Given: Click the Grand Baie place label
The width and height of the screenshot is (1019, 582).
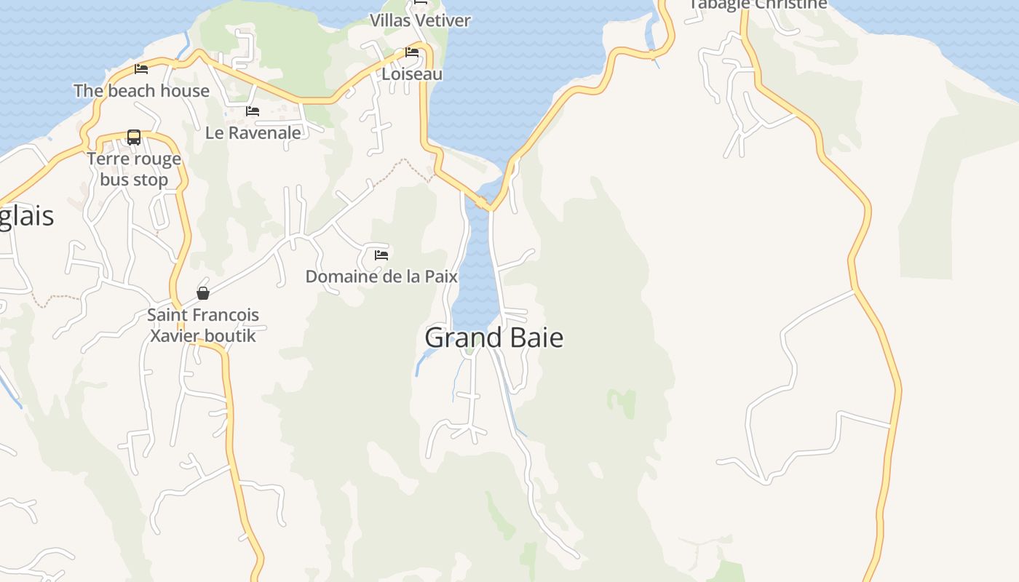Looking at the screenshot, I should [x=493, y=338].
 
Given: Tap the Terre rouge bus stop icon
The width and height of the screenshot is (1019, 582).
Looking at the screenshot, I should [x=134, y=137].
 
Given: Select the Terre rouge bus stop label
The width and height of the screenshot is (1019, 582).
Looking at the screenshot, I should [x=134, y=170].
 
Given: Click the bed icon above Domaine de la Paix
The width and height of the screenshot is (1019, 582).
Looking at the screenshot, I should [x=381, y=255].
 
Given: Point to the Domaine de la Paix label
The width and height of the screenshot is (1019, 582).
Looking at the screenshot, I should [x=381, y=276].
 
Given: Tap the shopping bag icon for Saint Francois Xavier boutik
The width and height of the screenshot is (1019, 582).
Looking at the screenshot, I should [x=203, y=293].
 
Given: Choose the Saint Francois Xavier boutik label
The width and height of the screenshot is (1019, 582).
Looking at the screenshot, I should [x=203, y=325].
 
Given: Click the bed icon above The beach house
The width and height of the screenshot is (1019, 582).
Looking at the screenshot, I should [x=141, y=69].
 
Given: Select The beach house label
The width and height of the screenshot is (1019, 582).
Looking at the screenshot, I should [x=141, y=91].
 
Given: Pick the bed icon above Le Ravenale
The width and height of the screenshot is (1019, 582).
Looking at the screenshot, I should [x=253, y=111].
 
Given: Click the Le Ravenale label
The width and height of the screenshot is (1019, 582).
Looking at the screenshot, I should [x=253, y=133].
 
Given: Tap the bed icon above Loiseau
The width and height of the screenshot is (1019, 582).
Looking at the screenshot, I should [x=412, y=52].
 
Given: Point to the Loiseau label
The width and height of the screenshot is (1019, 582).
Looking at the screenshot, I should [x=412, y=74].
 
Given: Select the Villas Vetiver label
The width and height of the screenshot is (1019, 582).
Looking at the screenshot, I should [x=420, y=20].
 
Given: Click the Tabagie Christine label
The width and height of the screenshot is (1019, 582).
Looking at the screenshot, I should [x=757, y=5].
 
